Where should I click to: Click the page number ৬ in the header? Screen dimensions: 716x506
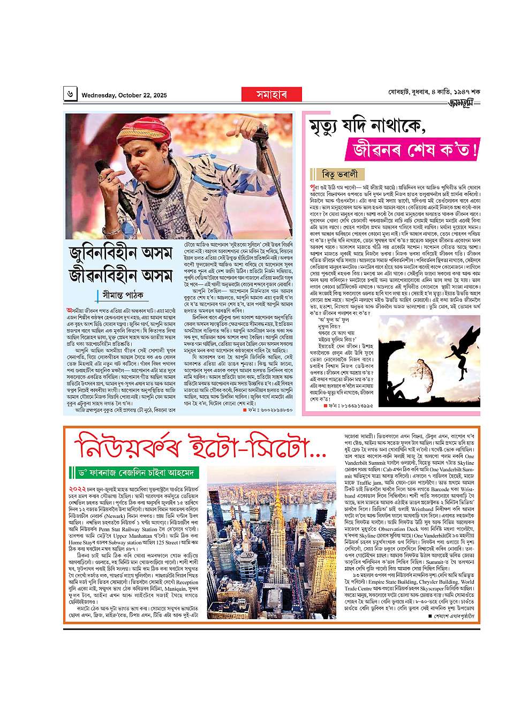tap(71, 95)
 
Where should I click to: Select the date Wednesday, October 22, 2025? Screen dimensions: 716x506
tap(124, 95)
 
